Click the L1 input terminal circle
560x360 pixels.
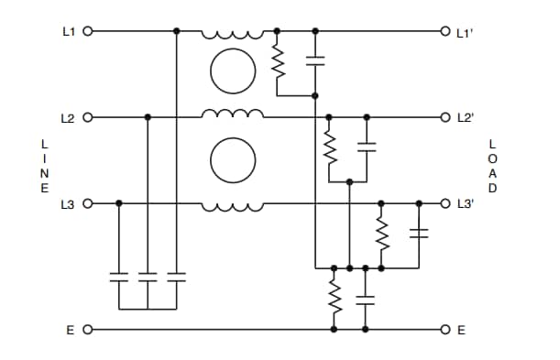tap(88, 30)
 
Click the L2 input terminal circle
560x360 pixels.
tap(88, 117)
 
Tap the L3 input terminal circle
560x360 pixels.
tap(88, 202)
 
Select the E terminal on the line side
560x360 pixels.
tap(88, 329)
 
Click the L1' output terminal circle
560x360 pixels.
tap(445, 30)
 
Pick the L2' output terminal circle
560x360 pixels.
tap(445, 117)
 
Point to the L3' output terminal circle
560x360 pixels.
tap(445, 202)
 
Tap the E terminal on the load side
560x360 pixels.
tap(445, 329)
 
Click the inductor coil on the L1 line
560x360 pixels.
tap(233, 33)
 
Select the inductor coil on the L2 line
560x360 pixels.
tap(233, 115)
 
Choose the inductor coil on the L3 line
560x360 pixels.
tap(233, 206)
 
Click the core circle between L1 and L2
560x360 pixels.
tap(233, 70)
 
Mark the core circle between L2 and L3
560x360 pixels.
tap(233, 161)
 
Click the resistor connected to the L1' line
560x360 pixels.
tap(277, 61)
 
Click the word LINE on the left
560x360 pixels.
tap(44, 166)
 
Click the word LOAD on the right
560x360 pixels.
tap(492, 166)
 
